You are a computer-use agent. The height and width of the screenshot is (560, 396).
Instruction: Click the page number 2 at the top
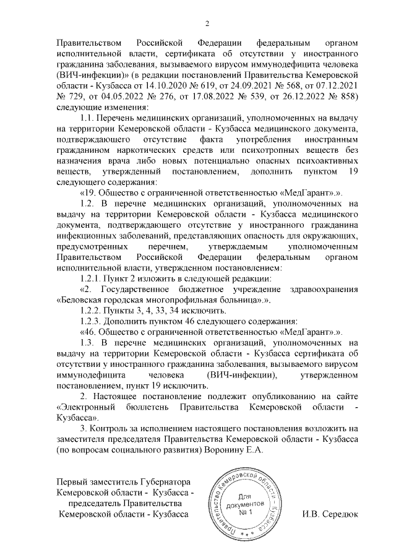(x=207, y=24)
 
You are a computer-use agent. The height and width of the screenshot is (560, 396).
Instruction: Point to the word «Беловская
(x=80, y=300)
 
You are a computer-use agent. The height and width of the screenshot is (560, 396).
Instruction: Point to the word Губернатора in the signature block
(x=167, y=483)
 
